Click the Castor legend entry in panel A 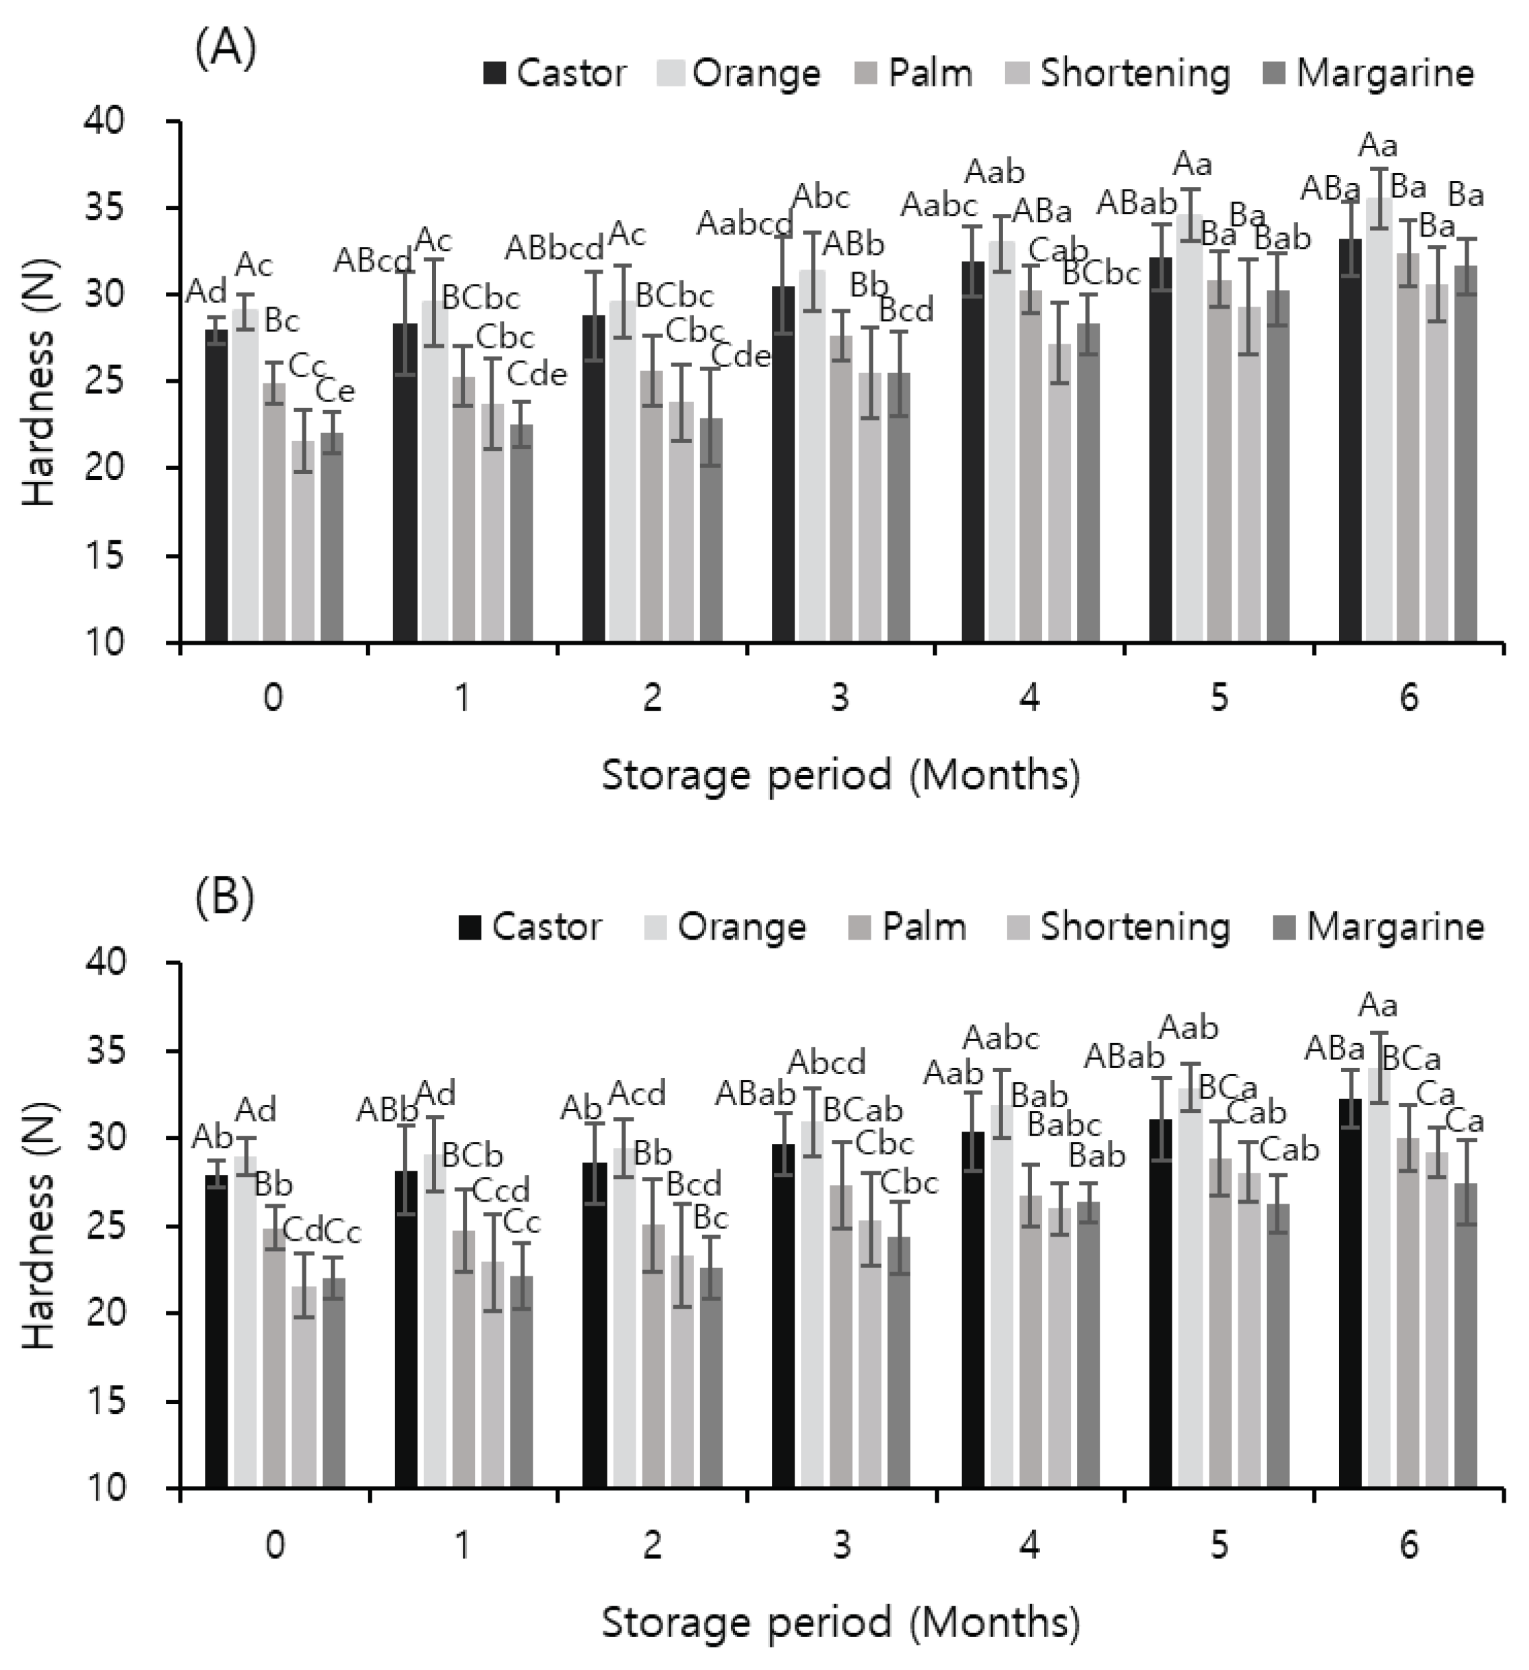point(554,73)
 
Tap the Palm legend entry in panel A point(913,73)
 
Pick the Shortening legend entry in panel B point(1119,926)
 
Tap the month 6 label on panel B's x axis point(1408,1546)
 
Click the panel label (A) point(224,49)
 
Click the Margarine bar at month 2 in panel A point(710,530)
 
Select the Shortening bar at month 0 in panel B point(304,1387)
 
